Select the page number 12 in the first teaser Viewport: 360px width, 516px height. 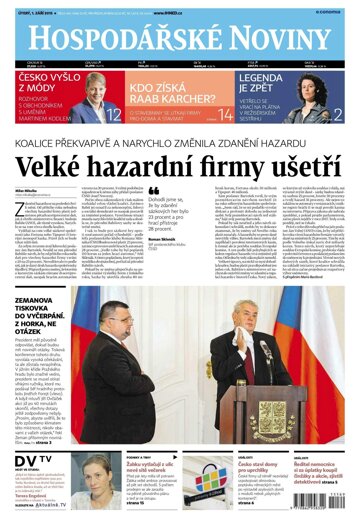(114, 115)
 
